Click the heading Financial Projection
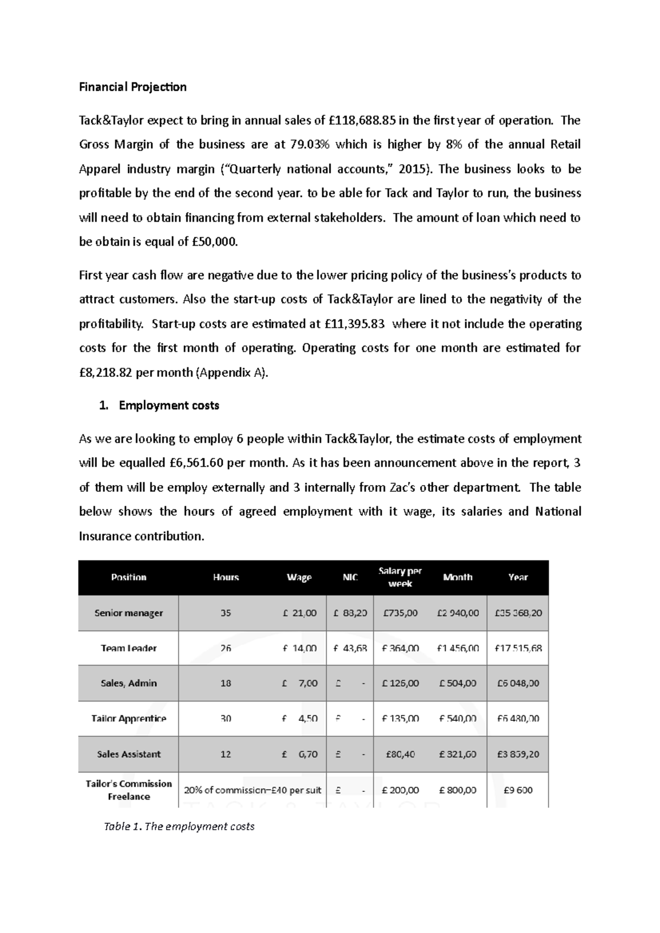pos(133,87)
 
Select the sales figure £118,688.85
pos(362,120)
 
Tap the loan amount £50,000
pos(215,242)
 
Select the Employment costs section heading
pos(168,406)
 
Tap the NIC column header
pos(350,577)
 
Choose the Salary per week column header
pos(400,577)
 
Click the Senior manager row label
pos(128,613)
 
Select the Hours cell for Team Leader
pos(226,648)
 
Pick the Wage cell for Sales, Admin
pos(300,684)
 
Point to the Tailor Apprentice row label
pos(128,719)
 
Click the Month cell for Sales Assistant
pos(458,754)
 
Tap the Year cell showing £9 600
pos(518,790)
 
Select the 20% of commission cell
pos(252,790)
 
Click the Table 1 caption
pos(179,826)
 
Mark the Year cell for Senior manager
pos(518,613)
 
